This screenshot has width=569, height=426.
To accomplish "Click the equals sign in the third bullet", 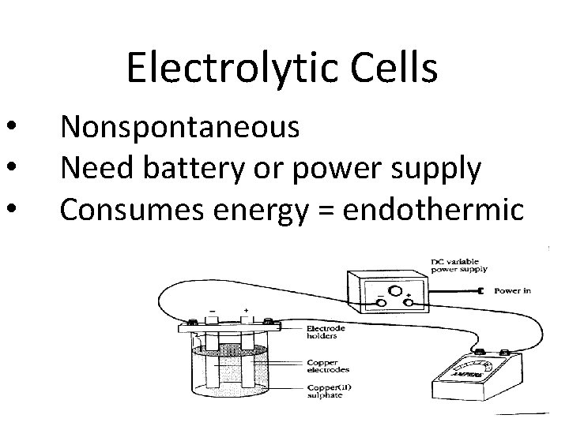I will [326, 210].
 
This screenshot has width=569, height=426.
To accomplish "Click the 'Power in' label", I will [512, 290].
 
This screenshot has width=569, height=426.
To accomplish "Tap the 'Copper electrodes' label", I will [327, 365].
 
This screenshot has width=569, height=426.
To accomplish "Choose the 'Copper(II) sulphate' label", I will [327, 390].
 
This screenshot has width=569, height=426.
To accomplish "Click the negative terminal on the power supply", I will [381, 302].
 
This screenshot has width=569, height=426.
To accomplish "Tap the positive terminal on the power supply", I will [409, 302].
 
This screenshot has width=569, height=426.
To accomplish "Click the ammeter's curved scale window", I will [472, 371].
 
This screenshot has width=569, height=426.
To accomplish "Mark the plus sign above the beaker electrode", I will [247, 311].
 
